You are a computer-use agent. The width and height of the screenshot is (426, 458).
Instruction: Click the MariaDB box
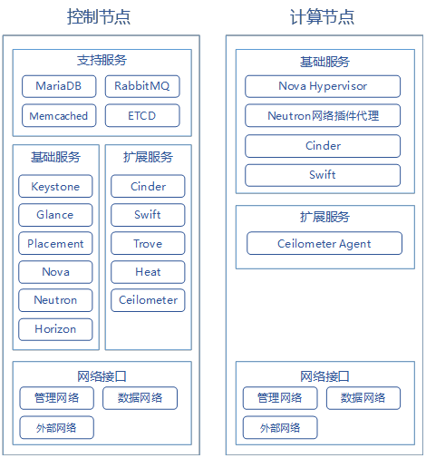[59, 86]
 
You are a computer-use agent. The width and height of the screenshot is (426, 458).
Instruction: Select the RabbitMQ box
[142, 86]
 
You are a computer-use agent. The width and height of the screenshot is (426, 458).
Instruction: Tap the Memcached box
[59, 115]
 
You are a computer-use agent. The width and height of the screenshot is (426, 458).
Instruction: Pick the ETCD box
[142, 115]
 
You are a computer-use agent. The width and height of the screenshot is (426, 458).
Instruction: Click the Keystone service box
[55, 186]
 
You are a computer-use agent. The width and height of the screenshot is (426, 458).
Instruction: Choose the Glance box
[55, 215]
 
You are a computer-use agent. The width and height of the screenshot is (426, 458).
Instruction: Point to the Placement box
[55, 243]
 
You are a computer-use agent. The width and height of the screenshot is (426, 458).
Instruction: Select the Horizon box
[55, 329]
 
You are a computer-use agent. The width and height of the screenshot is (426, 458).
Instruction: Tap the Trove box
[148, 243]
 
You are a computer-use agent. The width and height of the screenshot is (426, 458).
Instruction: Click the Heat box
[148, 272]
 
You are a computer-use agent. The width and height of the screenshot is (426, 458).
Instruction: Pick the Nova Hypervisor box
[323, 86]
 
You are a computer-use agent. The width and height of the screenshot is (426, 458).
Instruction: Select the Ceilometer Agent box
[324, 243]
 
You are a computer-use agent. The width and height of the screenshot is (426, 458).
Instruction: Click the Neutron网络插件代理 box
[323, 115]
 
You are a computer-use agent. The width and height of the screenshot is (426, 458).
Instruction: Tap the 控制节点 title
[99, 16]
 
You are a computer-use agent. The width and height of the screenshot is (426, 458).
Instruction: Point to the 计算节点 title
[322, 16]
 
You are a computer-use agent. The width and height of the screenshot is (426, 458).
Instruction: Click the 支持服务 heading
[102, 60]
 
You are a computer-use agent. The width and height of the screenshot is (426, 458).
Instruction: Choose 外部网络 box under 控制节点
[57, 427]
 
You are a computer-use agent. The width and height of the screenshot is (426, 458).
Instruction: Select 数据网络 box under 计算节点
[363, 398]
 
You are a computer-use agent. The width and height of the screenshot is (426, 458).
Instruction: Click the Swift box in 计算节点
[323, 175]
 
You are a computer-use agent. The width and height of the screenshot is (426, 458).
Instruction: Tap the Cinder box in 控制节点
[148, 186]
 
